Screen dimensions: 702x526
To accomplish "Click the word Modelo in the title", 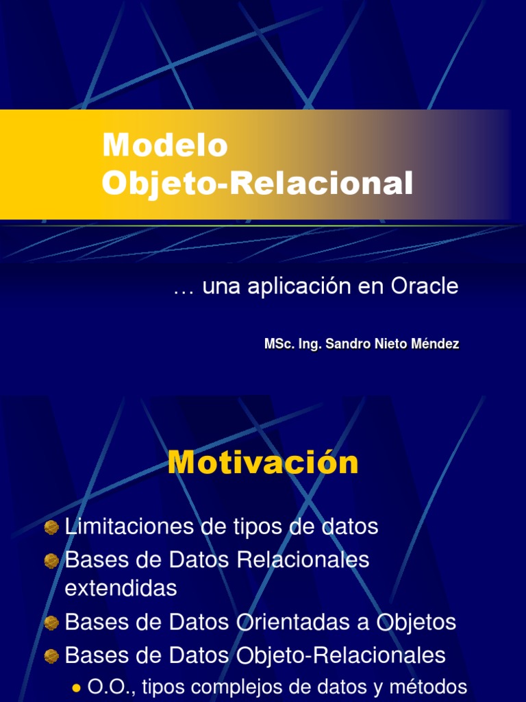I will [165, 145].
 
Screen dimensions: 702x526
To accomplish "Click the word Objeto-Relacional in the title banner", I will [258, 183].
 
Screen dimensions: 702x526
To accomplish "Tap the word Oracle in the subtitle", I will [425, 287].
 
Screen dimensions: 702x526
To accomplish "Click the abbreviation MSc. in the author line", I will [279, 343].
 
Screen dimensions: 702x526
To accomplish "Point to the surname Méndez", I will [435, 343].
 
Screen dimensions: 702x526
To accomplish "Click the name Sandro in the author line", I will [348, 343].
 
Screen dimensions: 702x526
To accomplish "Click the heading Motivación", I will [263, 463].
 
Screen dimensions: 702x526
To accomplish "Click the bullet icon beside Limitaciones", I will [51, 527].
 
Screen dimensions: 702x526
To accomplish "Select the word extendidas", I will [121, 588].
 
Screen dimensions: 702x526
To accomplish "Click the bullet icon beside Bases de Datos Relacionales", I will [51, 561].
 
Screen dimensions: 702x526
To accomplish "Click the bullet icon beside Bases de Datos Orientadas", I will [51, 622].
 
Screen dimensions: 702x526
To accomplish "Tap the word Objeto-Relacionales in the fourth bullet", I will [340, 655].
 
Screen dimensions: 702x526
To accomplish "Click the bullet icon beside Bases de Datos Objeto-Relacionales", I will [51, 656].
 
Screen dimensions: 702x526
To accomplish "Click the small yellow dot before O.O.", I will [77, 687].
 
